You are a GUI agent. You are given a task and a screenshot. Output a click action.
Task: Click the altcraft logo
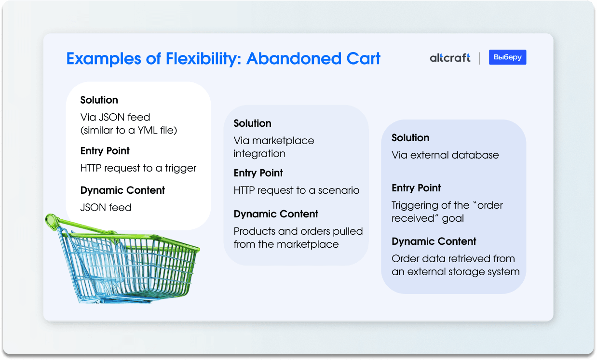coord(450,58)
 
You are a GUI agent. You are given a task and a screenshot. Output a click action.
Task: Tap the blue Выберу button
coord(507,57)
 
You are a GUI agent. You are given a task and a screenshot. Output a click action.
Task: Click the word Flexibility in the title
coord(204,59)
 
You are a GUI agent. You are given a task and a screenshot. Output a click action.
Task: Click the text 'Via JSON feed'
coord(115,117)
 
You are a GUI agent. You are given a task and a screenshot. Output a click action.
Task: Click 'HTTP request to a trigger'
coord(138,168)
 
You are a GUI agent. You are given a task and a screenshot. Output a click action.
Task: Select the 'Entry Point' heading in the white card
coord(105,151)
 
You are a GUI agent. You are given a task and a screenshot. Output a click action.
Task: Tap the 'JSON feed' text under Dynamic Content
coord(106,207)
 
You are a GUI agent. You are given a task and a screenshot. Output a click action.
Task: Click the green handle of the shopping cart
coord(80,225)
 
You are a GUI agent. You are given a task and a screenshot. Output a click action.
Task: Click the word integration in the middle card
coord(259,154)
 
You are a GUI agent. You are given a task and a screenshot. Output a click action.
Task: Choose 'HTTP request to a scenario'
coord(297,190)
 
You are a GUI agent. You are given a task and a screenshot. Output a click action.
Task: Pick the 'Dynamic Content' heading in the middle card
coord(276,214)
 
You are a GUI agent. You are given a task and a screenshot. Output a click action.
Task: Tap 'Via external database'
coord(445,155)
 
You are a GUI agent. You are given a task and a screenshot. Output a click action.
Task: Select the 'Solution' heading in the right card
coord(410,138)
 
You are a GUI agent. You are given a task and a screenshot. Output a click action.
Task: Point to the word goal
coord(453,219)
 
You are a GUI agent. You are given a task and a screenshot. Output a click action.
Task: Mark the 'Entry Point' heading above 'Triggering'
coord(416,188)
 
